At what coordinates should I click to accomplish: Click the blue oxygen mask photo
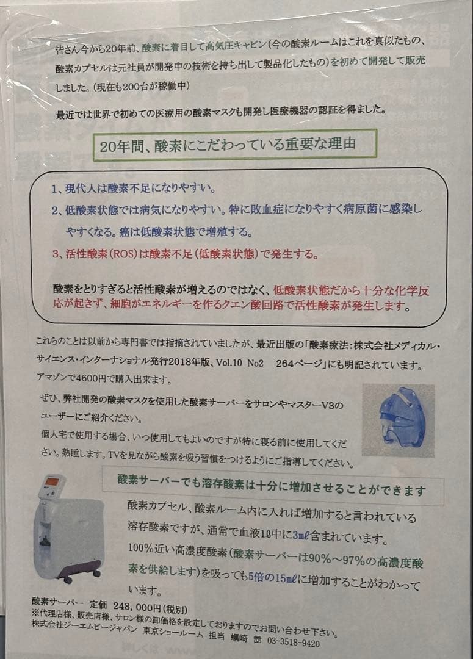point(397,420)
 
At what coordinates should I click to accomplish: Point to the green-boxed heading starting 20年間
point(234,145)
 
